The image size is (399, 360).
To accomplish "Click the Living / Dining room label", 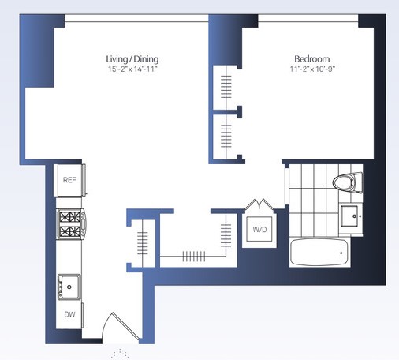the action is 132,59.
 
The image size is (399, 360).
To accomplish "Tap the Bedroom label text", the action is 312,58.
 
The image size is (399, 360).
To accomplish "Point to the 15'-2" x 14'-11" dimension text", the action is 132,69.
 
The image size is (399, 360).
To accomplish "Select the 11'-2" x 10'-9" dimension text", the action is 312,69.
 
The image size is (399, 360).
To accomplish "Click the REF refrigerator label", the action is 69,180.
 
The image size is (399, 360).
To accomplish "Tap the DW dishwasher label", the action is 69,314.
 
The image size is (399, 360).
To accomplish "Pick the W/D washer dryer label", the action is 259,230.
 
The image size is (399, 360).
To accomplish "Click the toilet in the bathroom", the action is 348,182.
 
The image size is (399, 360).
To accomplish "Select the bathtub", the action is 319,252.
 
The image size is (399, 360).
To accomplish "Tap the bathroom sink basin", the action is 349,216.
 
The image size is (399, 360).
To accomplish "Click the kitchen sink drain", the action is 69,287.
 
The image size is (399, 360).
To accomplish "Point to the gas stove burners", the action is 70,224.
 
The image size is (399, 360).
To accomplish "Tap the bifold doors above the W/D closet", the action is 259,204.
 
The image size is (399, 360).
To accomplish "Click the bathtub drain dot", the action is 341,253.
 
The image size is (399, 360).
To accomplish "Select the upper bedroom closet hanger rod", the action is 226,87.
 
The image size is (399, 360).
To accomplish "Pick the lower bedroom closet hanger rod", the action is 226,137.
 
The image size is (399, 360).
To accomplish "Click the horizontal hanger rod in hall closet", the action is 193,256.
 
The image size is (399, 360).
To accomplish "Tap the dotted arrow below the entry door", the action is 120,353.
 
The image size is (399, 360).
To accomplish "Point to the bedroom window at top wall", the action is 308,18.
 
